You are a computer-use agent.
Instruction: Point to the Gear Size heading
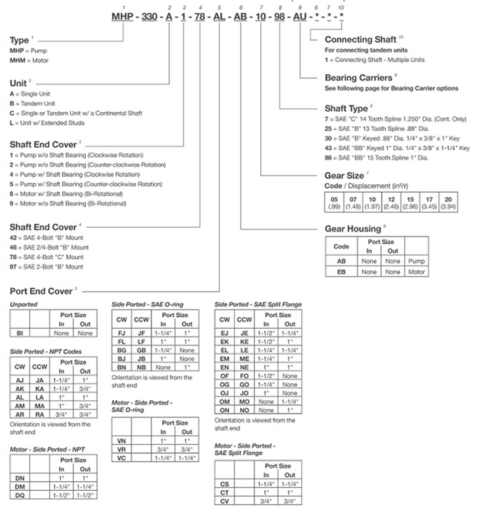pos(344,176)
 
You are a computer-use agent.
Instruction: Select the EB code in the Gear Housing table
pos(341,272)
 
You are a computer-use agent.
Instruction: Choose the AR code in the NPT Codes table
pos(19,415)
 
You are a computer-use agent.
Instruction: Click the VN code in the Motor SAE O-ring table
pos(121,441)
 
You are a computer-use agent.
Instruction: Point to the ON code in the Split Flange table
pos(224,410)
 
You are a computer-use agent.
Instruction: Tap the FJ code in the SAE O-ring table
pos(121,332)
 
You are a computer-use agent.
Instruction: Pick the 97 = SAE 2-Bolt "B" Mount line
pos(46,267)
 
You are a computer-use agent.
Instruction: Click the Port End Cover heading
pos(41,291)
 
